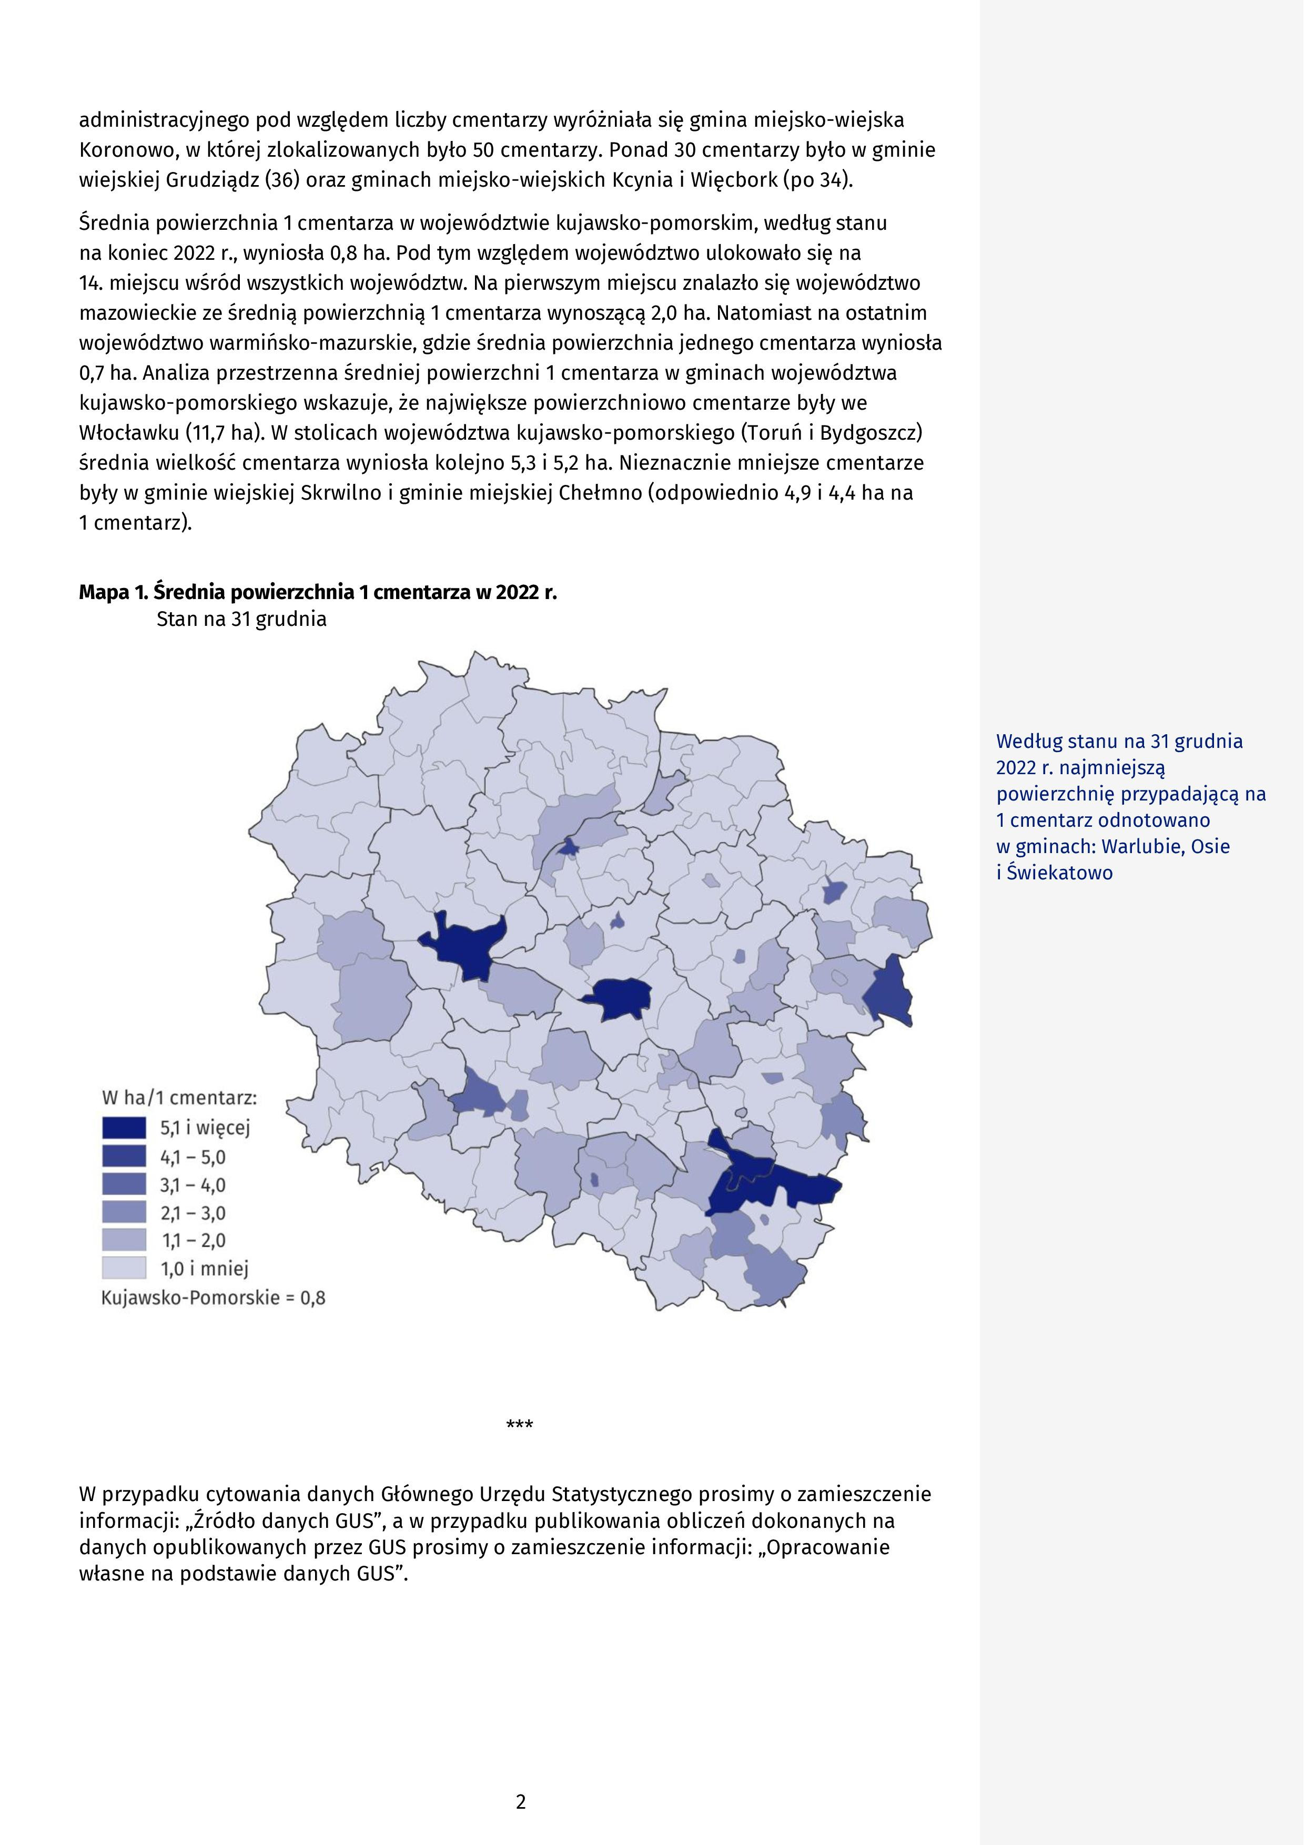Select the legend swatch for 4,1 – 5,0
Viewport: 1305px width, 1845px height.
(x=124, y=1157)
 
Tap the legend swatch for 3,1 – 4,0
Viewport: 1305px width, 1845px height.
(x=124, y=1184)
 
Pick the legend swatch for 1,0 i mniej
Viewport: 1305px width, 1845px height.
(x=124, y=1268)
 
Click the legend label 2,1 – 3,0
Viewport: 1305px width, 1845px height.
(x=193, y=1213)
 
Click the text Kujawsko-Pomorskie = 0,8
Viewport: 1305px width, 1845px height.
(x=213, y=1297)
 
